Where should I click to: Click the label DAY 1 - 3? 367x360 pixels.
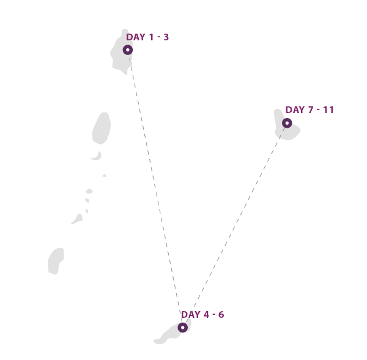(x=147, y=37)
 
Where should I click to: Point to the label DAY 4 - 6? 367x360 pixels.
(x=202, y=315)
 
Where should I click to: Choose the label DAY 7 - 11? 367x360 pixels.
(x=310, y=110)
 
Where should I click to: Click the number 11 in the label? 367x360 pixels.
(x=328, y=110)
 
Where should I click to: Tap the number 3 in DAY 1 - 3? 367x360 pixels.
(x=166, y=37)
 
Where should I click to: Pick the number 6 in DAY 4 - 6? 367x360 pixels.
(x=221, y=315)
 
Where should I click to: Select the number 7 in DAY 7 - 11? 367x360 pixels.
(x=311, y=110)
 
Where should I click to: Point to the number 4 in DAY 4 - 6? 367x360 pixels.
(x=206, y=315)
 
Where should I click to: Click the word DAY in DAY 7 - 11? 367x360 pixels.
(x=295, y=110)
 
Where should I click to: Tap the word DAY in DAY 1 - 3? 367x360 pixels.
(x=136, y=37)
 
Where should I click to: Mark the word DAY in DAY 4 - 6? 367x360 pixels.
(x=191, y=315)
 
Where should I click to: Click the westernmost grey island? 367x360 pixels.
(x=56, y=261)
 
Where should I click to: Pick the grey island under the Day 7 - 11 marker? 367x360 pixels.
(x=287, y=125)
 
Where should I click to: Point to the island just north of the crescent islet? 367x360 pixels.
(x=102, y=128)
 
